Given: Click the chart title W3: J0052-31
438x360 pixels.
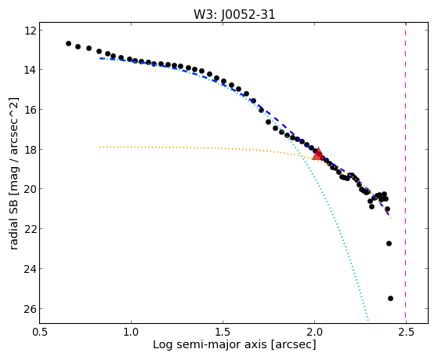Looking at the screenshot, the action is pyautogui.click(x=234, y=15).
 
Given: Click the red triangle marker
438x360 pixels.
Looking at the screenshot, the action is pyautogui.click(x=318, y=155).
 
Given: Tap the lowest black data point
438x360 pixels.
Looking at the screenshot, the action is pyautogui.click(x=390, y=299).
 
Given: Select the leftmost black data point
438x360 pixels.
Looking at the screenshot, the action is pyautogui.click(x=68, y=43).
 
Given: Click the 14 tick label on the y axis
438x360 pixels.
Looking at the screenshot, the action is pyautogui.click(x=29, y=69).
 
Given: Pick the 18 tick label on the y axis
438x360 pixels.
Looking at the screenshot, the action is pyautogui.click(x=29, y=149).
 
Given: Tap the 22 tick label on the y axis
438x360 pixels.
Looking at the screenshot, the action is pyautogui.click(x=29, y=229).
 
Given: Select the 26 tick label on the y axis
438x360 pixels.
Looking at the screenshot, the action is pyautogui.click(x=29, y=308).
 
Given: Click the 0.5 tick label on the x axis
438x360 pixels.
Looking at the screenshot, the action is pyautogui.click(x=39, y=333).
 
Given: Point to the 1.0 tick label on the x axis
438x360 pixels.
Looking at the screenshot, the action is pyautogui.click(x=131, y=333).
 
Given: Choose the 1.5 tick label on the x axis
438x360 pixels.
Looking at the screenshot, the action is pyautogui.click(x=223, y=333).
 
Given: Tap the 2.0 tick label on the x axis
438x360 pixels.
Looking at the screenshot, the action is pyautogui.click(x=314, y=333).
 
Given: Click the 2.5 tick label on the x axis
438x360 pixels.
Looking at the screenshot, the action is pyautogui.click(x=406, y=333).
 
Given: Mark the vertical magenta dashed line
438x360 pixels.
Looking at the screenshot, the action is pyautogui.click(x=406, y=173).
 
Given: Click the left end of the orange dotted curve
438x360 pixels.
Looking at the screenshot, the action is pyautogui.click(x=100, y=147).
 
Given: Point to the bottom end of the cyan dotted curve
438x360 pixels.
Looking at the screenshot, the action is pyautogui.click(x=368, y=321).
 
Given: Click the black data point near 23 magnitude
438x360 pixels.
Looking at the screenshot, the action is pyautogui.click(x=389, y=244).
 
